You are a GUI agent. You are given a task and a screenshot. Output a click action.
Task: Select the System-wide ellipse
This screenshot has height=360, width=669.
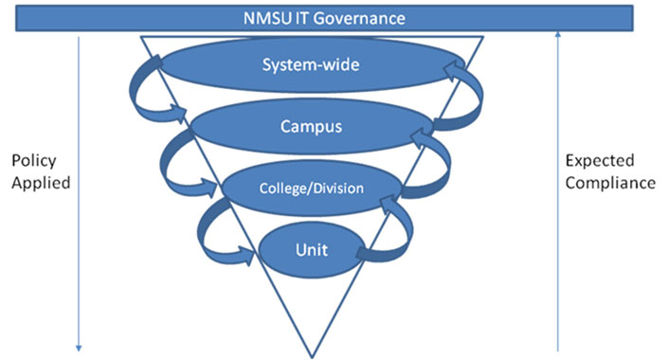[x=312, y=65]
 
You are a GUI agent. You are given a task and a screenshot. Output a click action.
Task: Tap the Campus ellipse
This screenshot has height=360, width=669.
[x=312, y=124]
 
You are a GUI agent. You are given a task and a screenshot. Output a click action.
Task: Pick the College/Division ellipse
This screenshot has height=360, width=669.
[x=312, y=187]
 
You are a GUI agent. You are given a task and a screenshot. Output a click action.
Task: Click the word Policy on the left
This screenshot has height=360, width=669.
[x=32, y=160]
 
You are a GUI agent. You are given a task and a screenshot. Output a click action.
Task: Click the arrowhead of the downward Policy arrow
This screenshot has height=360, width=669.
[x=80, y=346]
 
